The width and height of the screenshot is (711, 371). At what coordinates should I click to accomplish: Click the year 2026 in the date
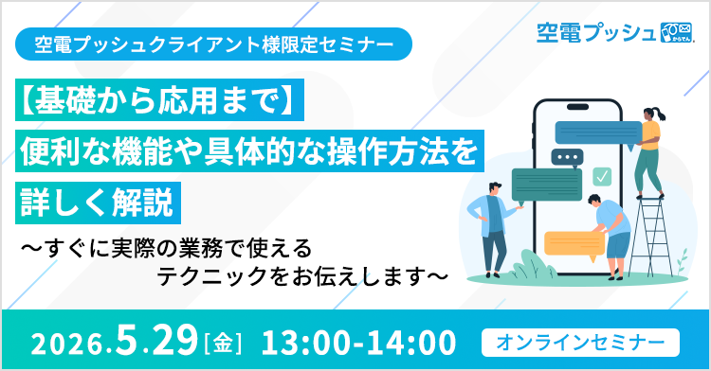click(60, 340)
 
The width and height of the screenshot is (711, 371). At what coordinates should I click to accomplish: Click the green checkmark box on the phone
click(600, 176)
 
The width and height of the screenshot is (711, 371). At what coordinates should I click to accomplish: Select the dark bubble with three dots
click(571, 157)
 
